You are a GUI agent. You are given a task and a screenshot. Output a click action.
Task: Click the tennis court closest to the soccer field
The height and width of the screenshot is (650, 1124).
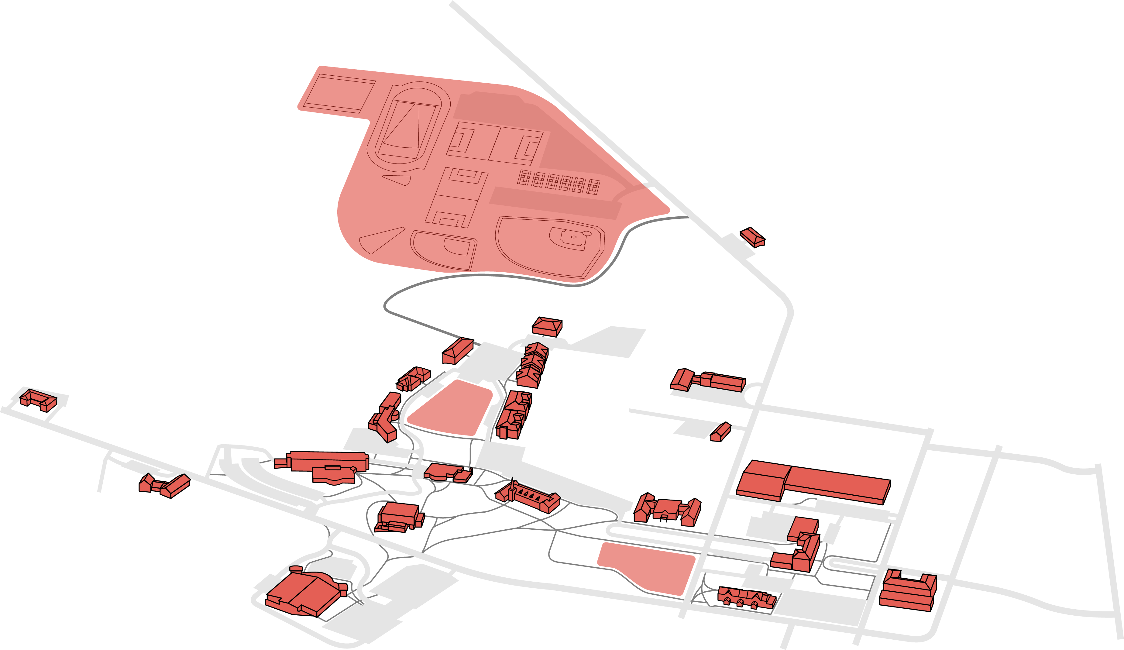click(x=524, y=177)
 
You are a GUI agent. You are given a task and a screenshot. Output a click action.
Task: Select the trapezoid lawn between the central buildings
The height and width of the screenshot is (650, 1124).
click(x=451, y=408)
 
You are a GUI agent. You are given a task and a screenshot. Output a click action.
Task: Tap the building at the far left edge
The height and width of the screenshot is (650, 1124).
click(x=38, y=400)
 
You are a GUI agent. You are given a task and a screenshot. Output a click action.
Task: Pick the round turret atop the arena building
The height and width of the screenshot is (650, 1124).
click(x=296, y=569)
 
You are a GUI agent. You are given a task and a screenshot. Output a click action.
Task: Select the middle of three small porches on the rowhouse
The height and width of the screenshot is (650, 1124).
click(x=740, y=603)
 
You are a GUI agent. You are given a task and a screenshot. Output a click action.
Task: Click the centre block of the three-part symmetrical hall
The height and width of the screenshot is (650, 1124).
click(x=667, y=509)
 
